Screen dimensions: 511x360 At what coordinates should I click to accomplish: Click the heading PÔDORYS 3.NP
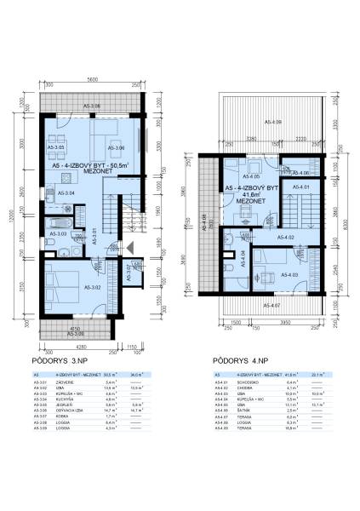pyautogui.click(x=66, y=361)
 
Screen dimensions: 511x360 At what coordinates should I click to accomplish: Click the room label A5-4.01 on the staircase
pyautogui.click(x=300, y=187)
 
